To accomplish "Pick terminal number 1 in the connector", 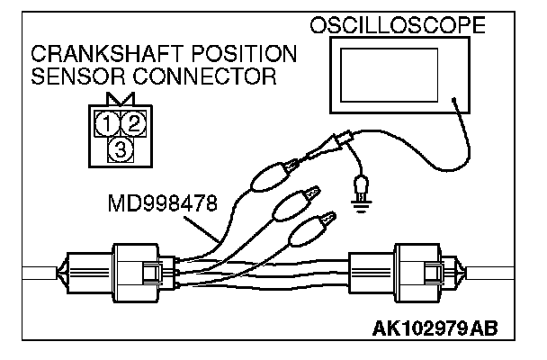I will click(108, 122).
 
